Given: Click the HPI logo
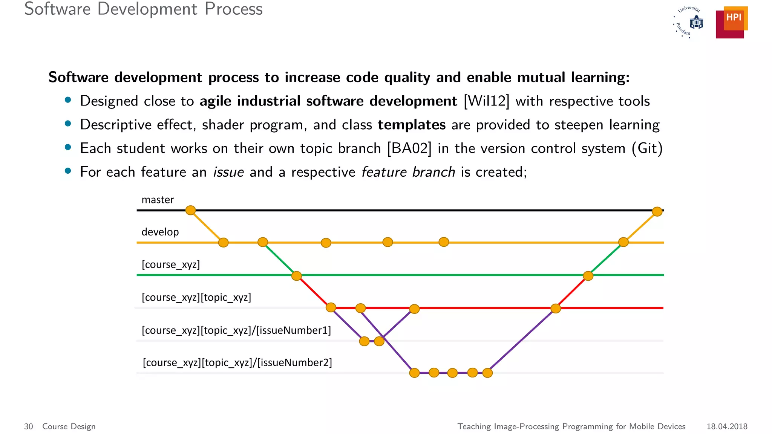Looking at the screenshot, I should point(731,22).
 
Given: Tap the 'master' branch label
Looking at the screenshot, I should point(158,200).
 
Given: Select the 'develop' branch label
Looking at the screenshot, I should point(160,232).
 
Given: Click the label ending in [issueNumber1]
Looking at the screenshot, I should point(236,330).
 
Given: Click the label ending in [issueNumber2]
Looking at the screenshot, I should point(237,363).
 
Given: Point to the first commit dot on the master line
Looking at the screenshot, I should point(191,210).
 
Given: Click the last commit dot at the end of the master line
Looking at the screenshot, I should point(657,211).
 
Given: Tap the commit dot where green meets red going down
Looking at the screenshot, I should point(297,276).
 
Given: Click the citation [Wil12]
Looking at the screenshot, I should point(486,101).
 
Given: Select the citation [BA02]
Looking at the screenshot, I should point(409,148).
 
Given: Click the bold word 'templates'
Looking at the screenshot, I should point(412,125).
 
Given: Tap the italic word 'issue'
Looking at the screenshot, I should point(228,172).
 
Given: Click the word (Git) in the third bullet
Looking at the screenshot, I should point(647,148).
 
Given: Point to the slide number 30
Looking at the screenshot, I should point(29,426).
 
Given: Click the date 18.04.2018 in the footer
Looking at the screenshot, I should point(727,426).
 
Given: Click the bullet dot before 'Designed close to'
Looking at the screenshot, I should point(68,100).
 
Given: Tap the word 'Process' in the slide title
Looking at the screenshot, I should point(233,9).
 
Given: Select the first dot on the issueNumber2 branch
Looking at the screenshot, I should point(414,373).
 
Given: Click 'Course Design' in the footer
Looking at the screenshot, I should point(69,426).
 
